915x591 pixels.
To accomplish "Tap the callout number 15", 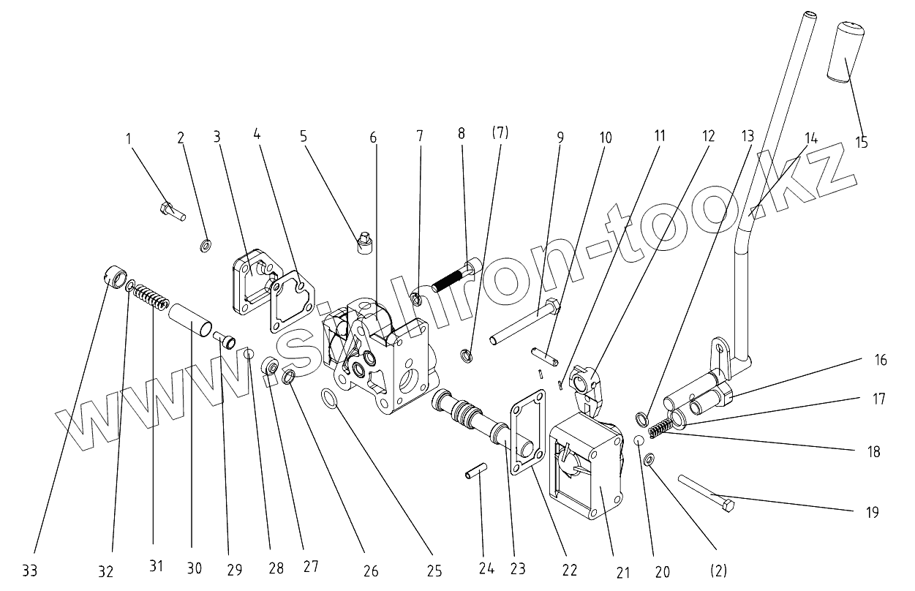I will click(x=862, y=142).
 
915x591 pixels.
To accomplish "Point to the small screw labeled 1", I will click(x=172, y=212).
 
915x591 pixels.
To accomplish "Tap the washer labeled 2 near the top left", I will click(x=206, y=244).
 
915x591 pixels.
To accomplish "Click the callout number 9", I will click(x=560, y=137).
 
